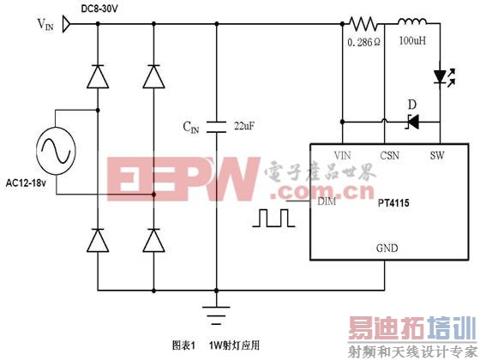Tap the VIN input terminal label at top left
pyautogui.click(x=49, y=26)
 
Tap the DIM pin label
pyautogui.click(x=326, y=202)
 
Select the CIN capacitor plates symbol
pyautogui.click(x=217, y=120)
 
